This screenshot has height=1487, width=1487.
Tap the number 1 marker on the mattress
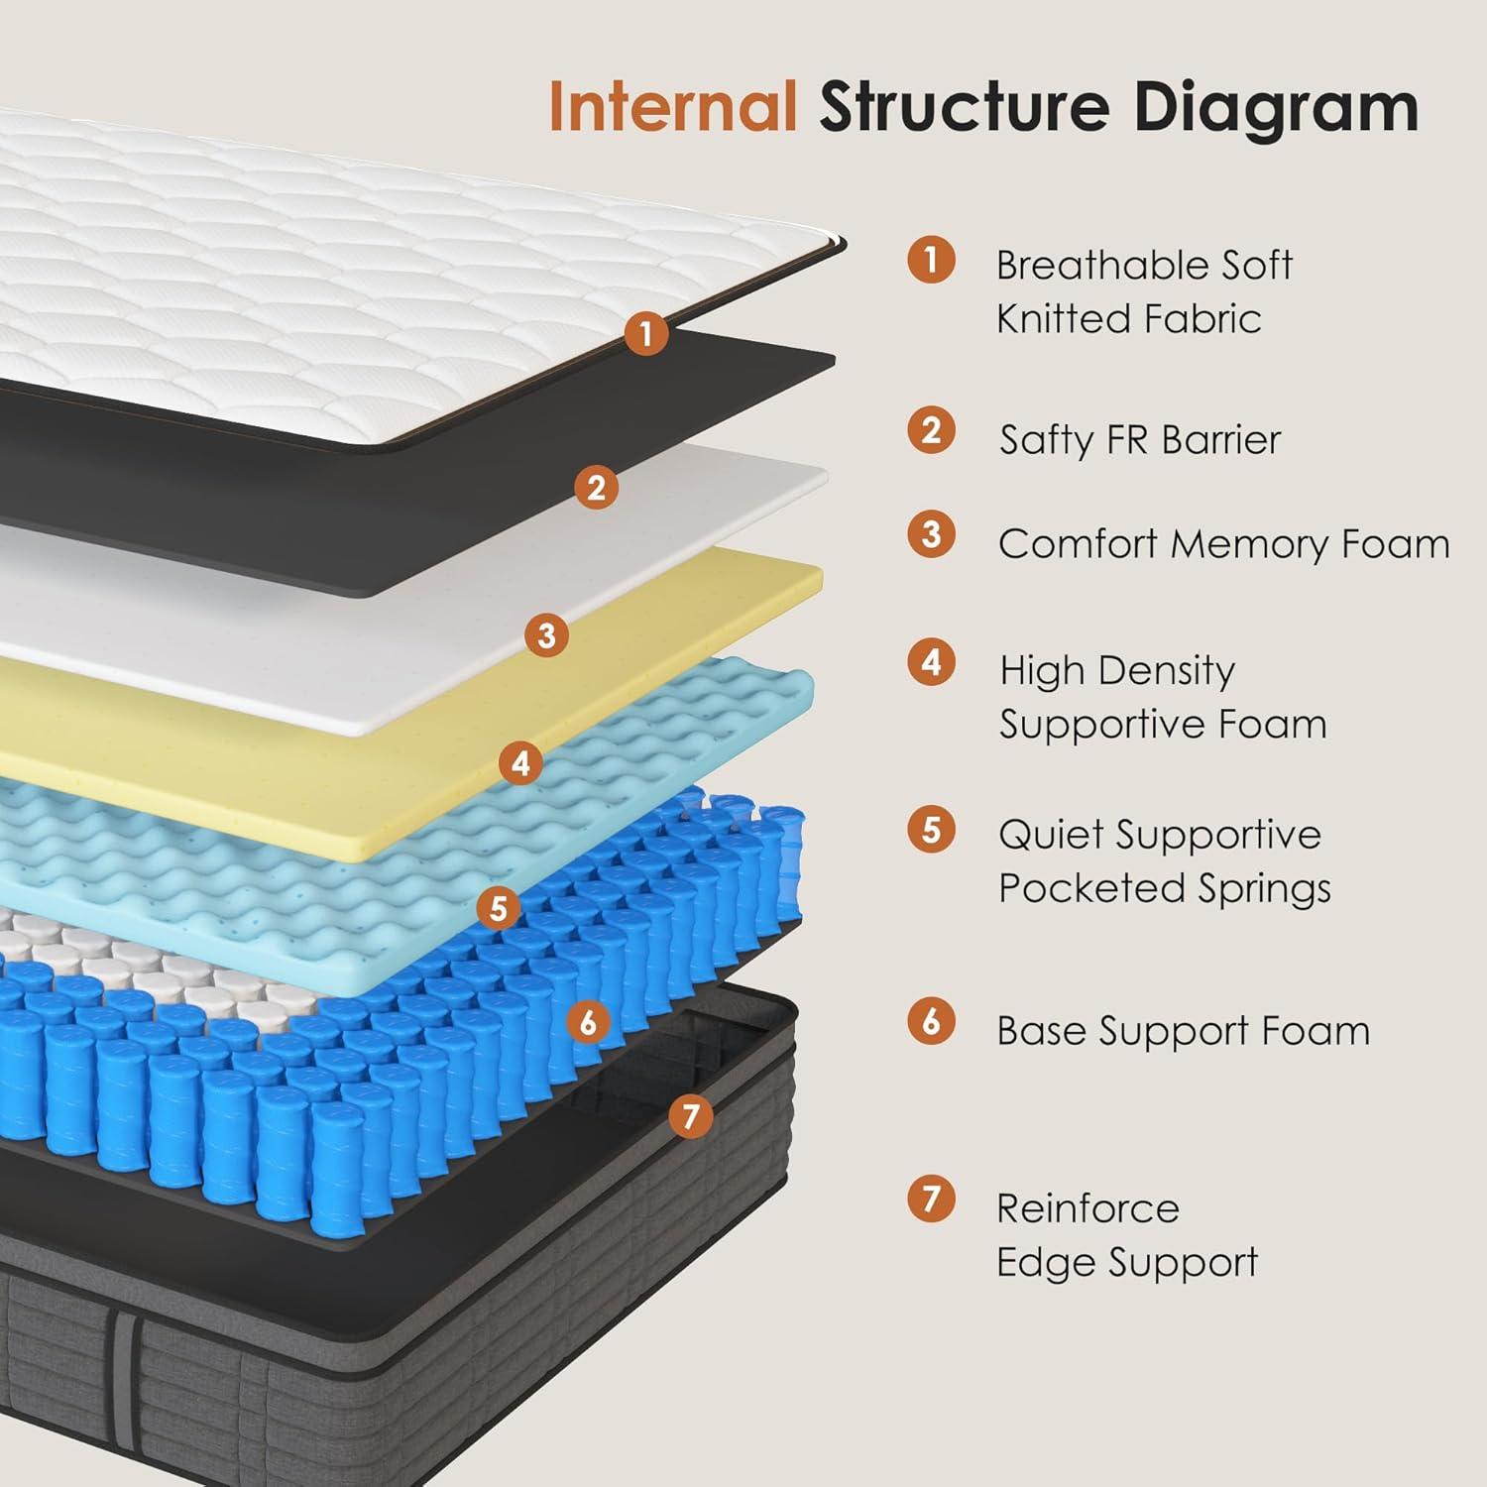click(646, 334)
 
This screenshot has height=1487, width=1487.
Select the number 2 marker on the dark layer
click(596, 487)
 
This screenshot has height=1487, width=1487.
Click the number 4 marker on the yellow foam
click(520, 762)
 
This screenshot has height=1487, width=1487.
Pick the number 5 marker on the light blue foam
click(499, 907)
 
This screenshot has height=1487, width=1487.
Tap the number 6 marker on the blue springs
click(589, 1021)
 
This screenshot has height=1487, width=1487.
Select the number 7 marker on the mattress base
click(690, 1116)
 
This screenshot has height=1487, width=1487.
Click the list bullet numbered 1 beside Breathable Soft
click(931, 260)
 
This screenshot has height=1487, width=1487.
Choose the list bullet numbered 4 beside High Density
click(931, 662)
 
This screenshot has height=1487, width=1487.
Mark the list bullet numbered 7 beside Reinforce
click(931, 1199)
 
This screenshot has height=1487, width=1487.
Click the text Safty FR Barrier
click(1140, 440)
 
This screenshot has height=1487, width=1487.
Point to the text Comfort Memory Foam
click(1223, 544)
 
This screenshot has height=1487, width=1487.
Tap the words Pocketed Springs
click(1164, 888)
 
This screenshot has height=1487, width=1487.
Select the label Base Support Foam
click(1183, 1031)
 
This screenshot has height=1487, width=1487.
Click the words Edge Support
click(1127, 1263)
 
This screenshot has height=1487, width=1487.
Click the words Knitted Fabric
click(1128, 319)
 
